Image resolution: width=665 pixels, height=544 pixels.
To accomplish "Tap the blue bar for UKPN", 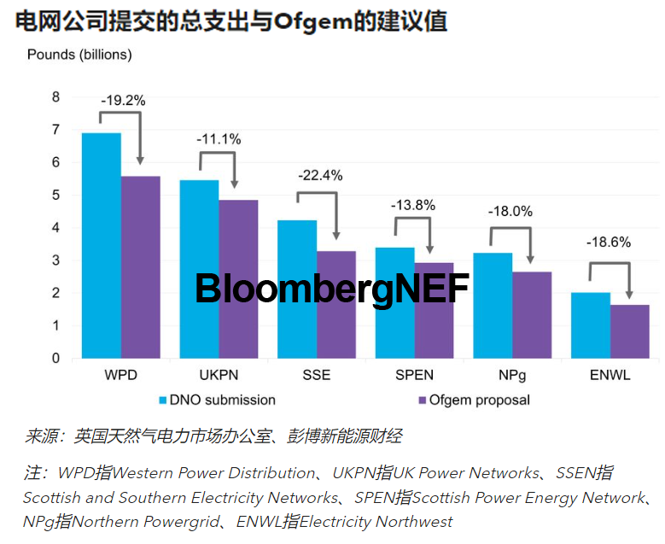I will (199, 269).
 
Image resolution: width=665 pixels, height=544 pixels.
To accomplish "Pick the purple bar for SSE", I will (336, 304).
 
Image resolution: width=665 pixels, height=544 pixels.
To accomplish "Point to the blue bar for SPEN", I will (395, 302).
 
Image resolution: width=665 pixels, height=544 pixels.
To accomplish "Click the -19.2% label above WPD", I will (123, 100).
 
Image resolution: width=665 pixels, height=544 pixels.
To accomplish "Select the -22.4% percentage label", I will (319, 175).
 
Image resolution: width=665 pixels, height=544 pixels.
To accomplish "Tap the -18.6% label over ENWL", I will (608, 242).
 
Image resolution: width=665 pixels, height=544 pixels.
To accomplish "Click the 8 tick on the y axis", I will (56, 97).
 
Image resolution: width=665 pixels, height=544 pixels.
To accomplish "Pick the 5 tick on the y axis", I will (56, 195).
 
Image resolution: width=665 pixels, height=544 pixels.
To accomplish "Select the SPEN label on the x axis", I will (413, 375).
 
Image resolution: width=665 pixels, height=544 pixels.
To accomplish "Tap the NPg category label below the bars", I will (513, 375).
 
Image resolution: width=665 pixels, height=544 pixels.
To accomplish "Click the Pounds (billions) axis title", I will (79, 55).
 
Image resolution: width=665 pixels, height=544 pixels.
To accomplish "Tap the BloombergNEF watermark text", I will (332, 289).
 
